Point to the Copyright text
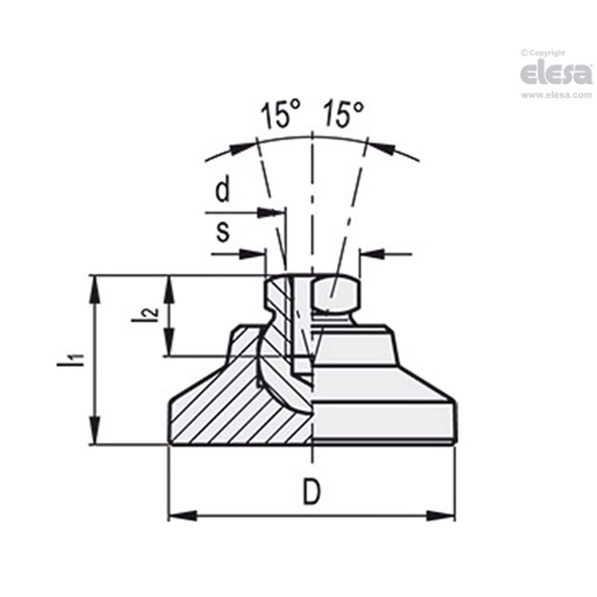pos(544,53)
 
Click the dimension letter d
pos(223,192)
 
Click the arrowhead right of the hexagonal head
pos(372,253)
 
